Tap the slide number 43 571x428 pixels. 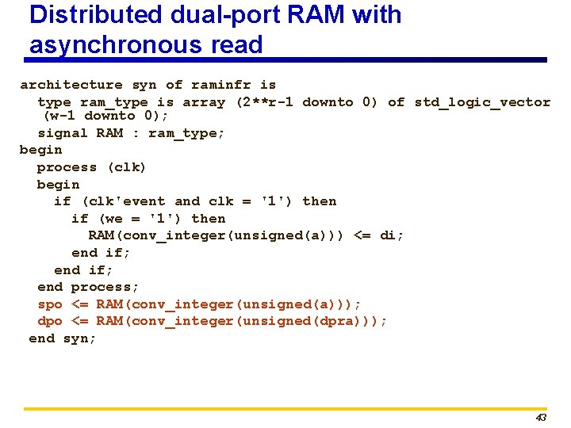[541, 418]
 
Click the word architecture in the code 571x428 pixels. [71, 85]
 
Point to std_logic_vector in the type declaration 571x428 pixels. [482, 102]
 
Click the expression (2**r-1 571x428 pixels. [265, 102]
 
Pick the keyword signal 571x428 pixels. [63, 133]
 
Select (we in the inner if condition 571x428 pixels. [111, 219]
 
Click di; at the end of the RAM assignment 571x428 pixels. [392, 235]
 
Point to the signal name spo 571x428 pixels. [50, 304]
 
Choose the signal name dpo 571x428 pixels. [50, 321]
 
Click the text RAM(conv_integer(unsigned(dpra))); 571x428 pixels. [242, 321]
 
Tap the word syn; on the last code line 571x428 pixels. [80, 338]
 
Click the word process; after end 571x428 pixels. [105, 287]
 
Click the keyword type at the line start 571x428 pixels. [54, 102]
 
